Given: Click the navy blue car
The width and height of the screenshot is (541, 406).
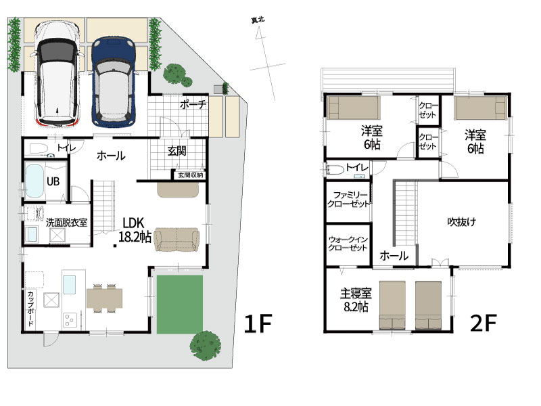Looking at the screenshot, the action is (114, 81).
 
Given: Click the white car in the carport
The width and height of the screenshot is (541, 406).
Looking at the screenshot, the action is (57, 73).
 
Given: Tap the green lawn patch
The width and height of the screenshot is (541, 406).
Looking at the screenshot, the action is (180, 304).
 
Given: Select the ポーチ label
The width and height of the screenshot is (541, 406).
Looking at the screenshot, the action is (193, 104).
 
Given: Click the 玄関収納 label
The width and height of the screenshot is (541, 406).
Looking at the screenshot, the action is (190, 175).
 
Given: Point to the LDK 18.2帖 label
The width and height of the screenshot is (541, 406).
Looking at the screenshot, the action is (135, 230).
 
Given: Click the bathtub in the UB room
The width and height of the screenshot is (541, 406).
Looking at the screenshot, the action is (34, 181).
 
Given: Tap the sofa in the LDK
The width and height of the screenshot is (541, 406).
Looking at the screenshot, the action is (177, 240).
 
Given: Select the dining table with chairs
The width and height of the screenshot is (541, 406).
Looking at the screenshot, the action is (104, 298).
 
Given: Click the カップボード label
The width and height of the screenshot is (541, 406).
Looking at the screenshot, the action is (30, 309).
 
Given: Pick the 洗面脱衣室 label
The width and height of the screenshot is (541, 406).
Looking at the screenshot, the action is (66, 223).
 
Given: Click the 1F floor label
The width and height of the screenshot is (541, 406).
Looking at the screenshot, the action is (258, 323).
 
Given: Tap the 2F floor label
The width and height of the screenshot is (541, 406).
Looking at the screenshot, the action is (483, 323).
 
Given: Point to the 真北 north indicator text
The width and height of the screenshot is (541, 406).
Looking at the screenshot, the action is (258, 20).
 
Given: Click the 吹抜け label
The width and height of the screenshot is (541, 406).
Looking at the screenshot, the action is (462, 222).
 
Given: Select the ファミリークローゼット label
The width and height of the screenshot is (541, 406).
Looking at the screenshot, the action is (348, 200).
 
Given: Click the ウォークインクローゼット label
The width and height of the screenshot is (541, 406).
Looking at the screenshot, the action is (348, 244).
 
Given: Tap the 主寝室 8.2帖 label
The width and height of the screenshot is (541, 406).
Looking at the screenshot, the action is (356, 300).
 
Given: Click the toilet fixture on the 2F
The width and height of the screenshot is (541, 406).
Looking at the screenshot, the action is (335, 170).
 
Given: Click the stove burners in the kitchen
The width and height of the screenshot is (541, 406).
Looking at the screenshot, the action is (70, 320).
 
